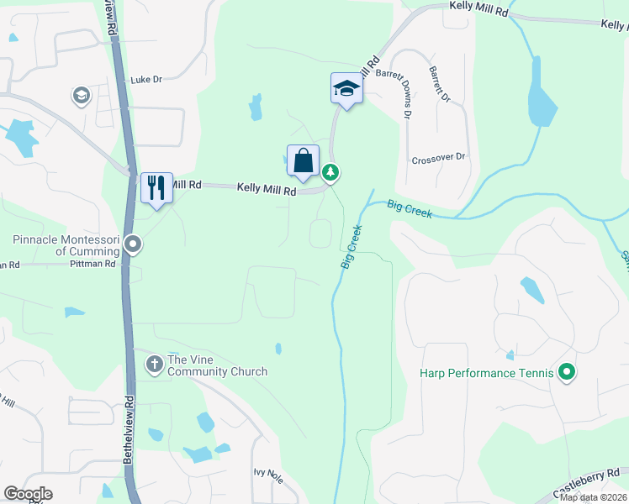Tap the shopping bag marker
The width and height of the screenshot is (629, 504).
click(303, 160)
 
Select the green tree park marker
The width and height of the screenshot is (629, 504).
click(331, 173)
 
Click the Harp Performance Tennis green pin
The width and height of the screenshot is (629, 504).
click(567, 371)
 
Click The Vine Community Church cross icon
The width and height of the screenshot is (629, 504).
click(155, 365)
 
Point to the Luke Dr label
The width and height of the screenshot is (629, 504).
click(145, 80)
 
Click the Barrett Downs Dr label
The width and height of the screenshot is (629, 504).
click(405, 92)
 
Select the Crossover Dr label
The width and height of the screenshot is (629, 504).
click(438, 158)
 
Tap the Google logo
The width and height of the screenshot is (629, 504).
click(28, 494)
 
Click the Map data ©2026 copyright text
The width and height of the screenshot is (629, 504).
click(592, 497)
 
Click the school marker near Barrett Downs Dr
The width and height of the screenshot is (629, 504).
click(346, 88)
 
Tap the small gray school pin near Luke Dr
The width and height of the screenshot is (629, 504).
click(82, 95)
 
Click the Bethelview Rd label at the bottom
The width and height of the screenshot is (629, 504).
click(129, 428)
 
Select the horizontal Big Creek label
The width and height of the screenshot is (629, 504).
click(410, 209)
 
